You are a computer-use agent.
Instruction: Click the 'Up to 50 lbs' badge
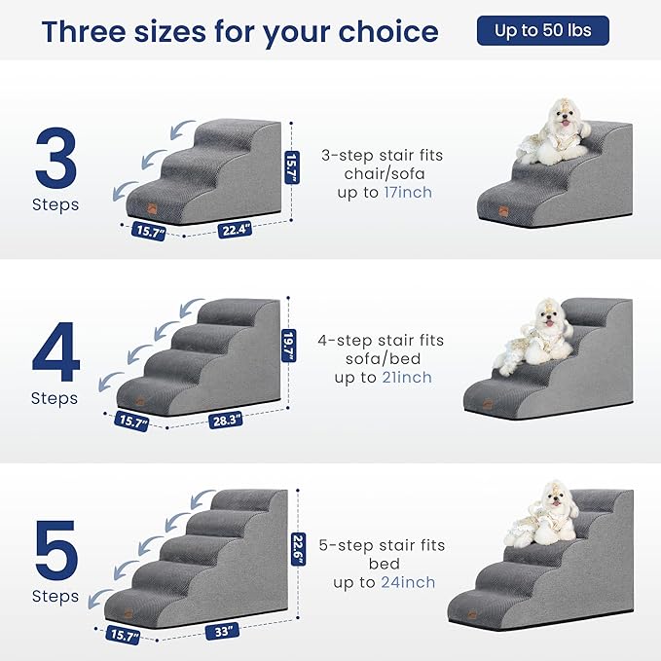pyautogui.click(x=542, y=30)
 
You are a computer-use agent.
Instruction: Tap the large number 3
pyautogui.click(x=55, y=157)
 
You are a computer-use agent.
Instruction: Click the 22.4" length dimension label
pyautogui.click(x=235, y=231)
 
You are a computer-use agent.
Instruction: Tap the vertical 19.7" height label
pyautogui.click(x=288, y=343)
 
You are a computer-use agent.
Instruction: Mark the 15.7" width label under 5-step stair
pyautogui.click(x=123, y=636)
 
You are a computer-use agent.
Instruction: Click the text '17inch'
pyautogui.click(x=409, y=193)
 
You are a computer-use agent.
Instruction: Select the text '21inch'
pyautogui.click(x=408, y=378)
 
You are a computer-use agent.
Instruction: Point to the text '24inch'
pyautogui.click(x=411, y=582)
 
